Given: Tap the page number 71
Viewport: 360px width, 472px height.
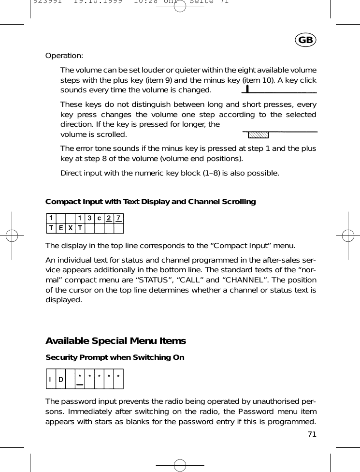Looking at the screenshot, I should pyautogui.click(x=312, y=434).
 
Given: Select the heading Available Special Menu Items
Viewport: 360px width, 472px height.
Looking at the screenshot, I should pyautogui.click(x=115, y=341).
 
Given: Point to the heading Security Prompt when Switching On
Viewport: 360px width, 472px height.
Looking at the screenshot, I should pyautogui.click(x=115, y=357).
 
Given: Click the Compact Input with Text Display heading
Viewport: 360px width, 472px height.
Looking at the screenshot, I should pyautogui.click(x=150, y=201).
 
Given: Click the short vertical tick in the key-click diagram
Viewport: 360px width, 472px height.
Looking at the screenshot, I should pyautogui.click(x=248, y=88).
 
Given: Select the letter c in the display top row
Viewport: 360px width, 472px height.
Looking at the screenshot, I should pyautogui.click(x=99, y=218).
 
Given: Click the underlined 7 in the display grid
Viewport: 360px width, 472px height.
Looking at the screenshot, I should pyautogui.click(x=118, y=218).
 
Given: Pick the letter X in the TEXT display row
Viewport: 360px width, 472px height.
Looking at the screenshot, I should pyautogui.click(x=70, y=228).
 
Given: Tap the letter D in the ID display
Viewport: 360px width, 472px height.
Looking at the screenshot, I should pyautogui.click(x=60, y=380).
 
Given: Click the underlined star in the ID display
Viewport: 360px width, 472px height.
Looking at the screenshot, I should pyautogui.click(x=80, y=377).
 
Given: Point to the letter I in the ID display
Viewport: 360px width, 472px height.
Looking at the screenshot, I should pyautogui.click(x=50, y=380).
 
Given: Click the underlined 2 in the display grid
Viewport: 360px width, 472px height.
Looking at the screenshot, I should pyautogui.click(x=109, y=218).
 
